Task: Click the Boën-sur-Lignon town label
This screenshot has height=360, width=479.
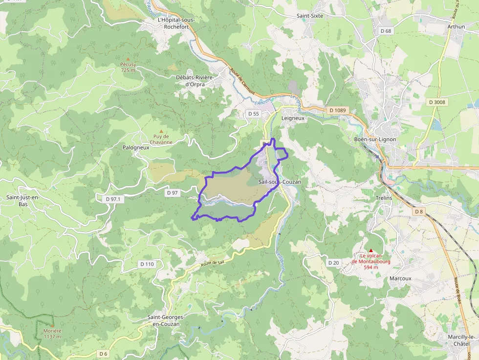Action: (375, 139)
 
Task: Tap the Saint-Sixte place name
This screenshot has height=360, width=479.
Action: (310, 16)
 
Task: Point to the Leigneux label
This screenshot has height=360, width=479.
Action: (293, 118)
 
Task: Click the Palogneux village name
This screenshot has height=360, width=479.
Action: (135, 147)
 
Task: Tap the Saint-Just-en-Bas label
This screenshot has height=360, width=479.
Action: (23, 200)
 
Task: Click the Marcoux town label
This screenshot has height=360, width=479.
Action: (400, 278)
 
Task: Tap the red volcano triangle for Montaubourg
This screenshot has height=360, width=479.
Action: (370, 250)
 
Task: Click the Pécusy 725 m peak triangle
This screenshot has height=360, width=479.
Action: (129, 59)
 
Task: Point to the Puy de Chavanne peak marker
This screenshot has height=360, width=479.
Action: (161, 131)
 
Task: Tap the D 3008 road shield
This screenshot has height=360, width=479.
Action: (436, 102)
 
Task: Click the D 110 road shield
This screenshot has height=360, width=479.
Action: (147, 264)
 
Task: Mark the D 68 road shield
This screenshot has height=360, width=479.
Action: (386, 31)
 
